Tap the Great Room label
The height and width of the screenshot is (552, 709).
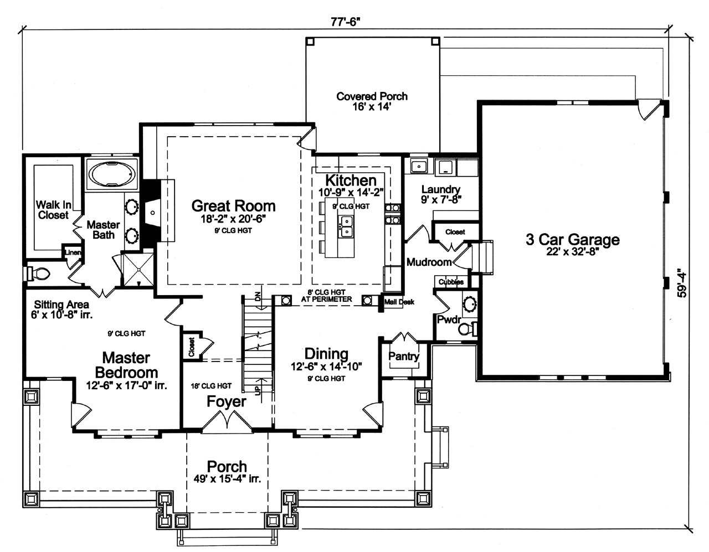(x=233, y=206)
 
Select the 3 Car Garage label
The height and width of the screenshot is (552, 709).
(x=572, y=240)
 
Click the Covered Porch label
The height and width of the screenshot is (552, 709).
(x=372, y=97)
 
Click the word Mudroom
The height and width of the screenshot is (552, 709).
(x=429, y=262)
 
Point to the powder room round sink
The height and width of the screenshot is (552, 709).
(x=470, y=304)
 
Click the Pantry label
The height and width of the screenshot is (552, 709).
(x=404, y=357)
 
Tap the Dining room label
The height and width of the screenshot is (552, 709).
(x=326, y=354)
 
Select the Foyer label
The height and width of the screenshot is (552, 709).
(x=226, y=401)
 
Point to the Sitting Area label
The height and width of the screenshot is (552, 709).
(x=61, y=305)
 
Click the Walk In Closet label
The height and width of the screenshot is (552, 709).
(x=53, y=210)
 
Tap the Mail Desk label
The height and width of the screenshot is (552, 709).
(x=399, y=302)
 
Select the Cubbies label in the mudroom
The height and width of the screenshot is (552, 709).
(x=451, y=282)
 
